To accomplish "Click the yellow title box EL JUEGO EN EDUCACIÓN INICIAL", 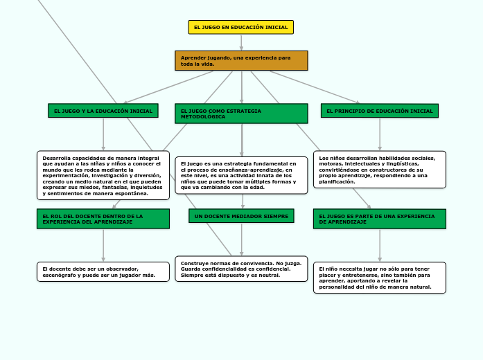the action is pyautogui.click(x=241, y=27).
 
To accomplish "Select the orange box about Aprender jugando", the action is pyautogui.click(x=241, y=61).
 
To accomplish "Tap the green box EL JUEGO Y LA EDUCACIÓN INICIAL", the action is pyautogui.click(x=103, y=111).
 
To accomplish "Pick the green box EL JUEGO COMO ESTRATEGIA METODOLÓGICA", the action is pyautogui.click(x=241, y=114).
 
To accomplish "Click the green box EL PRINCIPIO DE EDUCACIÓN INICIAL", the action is pyautogui.click(x=380, y=111).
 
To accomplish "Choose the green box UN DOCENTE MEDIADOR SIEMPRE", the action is pyautogui.click(x=241, y=216).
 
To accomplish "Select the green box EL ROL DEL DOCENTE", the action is pyautogui.click(x=103, y=219).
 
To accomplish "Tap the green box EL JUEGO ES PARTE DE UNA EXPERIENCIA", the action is pyautogui.click(x=380, y=219).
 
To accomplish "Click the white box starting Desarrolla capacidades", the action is pyautogui.click(x=103, y=175).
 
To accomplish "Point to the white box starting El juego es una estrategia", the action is pyautogui.click(x=241, y=175).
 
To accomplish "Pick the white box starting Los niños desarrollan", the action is pyautogui.click(x=380, y=170).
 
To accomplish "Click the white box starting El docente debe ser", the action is pyautogui.click(x=103, y=271).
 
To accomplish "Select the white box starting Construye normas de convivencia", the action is pyautogui.click(x=241, y=269).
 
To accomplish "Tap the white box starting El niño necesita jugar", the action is pyautogui.click(x=380, y=278).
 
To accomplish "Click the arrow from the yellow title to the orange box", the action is pyautogui.click(x=241, y=42).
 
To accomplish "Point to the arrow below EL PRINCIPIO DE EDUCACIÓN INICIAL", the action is pyautogui.click(x=380, y=134).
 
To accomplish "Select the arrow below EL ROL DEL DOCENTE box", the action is pyautogui.click(x=103, y=246).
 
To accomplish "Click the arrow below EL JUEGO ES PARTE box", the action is pyautogui.click(x=380, y=246).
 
